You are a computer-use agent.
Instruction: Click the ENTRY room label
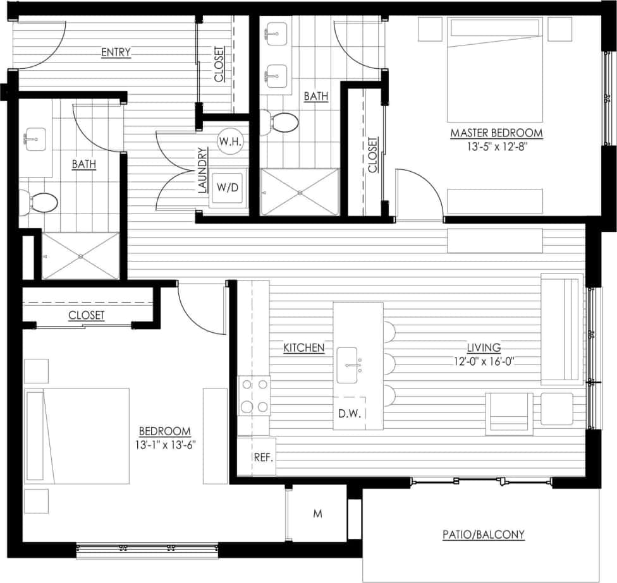pyautogui.click(x=116, y=52)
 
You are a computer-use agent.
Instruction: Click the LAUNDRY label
pyautogui.click(x=202, y=170)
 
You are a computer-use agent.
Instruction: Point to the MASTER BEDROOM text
pyautogui.click(x=496, y=133)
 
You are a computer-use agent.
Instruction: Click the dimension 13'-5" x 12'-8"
pyautogui.click(x=496, y=147)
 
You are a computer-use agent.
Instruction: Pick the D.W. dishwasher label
pyautogui.click(x=349, y=414)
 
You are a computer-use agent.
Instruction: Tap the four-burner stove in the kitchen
pyautogui.click(x=254, y=395)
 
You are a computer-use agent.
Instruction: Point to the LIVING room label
pyautogui.click(x=484, y=347)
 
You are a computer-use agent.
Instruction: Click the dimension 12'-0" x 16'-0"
pyautogui.click(x=486, y=361)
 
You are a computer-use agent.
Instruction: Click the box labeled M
pyautogui.click(x=318, y=514)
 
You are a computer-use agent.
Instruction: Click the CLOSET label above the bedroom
pyautogui.click(x=87, y=315)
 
